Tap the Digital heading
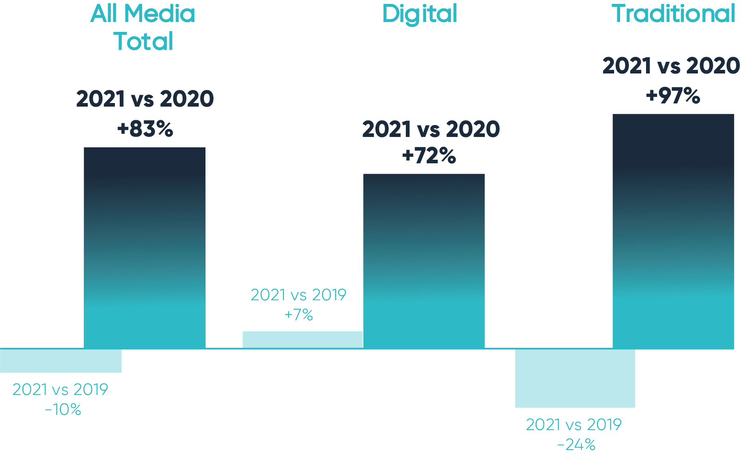point(419,14)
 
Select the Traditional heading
point(673,14)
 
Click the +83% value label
point(145,129)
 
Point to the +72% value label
point(429,156)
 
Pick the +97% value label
point(673,96)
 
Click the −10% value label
point(63,410)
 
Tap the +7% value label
point(298,315)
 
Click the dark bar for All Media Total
point(144,248)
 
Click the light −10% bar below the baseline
point(61,361)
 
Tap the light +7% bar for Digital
point(302,339)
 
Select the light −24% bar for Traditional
point(575,378)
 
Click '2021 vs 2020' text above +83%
point(145,99)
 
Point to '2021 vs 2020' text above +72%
point(431,129)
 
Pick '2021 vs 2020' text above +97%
point(671,66)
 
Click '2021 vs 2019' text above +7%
point(298,295)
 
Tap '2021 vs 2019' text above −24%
point(574,425)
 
